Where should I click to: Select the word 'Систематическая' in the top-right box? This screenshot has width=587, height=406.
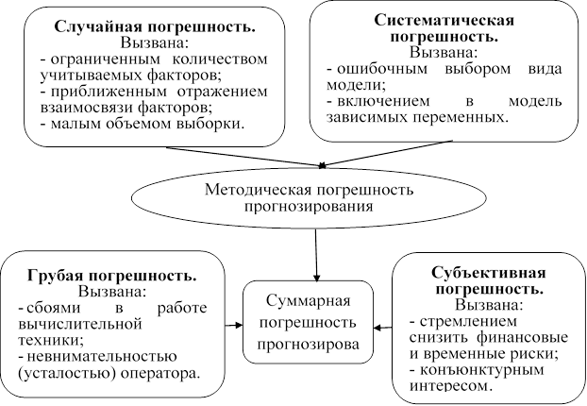point(443,21)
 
